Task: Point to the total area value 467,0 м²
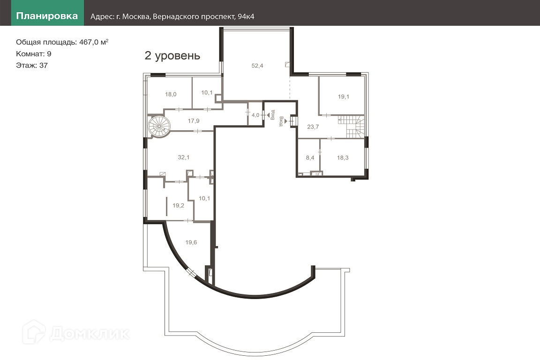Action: click(94, 42)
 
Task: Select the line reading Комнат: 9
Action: click(34, 54)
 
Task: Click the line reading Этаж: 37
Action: click(32, 66)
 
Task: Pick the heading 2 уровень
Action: click(172, 56)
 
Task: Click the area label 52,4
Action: click(257, 66)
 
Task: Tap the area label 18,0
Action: click(171, 94)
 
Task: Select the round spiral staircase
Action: click(159, 126)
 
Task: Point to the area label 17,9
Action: click(194, 121)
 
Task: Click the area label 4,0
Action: click(255, 115)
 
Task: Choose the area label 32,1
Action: click(184, 157)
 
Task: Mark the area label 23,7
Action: click(313, 127)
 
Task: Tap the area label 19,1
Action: click(343, 97)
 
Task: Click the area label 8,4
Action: click(310, 158)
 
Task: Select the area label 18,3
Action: click(343, 158)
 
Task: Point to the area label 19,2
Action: click(179, 206)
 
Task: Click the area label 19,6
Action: click(191, 242)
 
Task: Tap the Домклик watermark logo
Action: click(76, 332)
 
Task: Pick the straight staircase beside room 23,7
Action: click(351, 127)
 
